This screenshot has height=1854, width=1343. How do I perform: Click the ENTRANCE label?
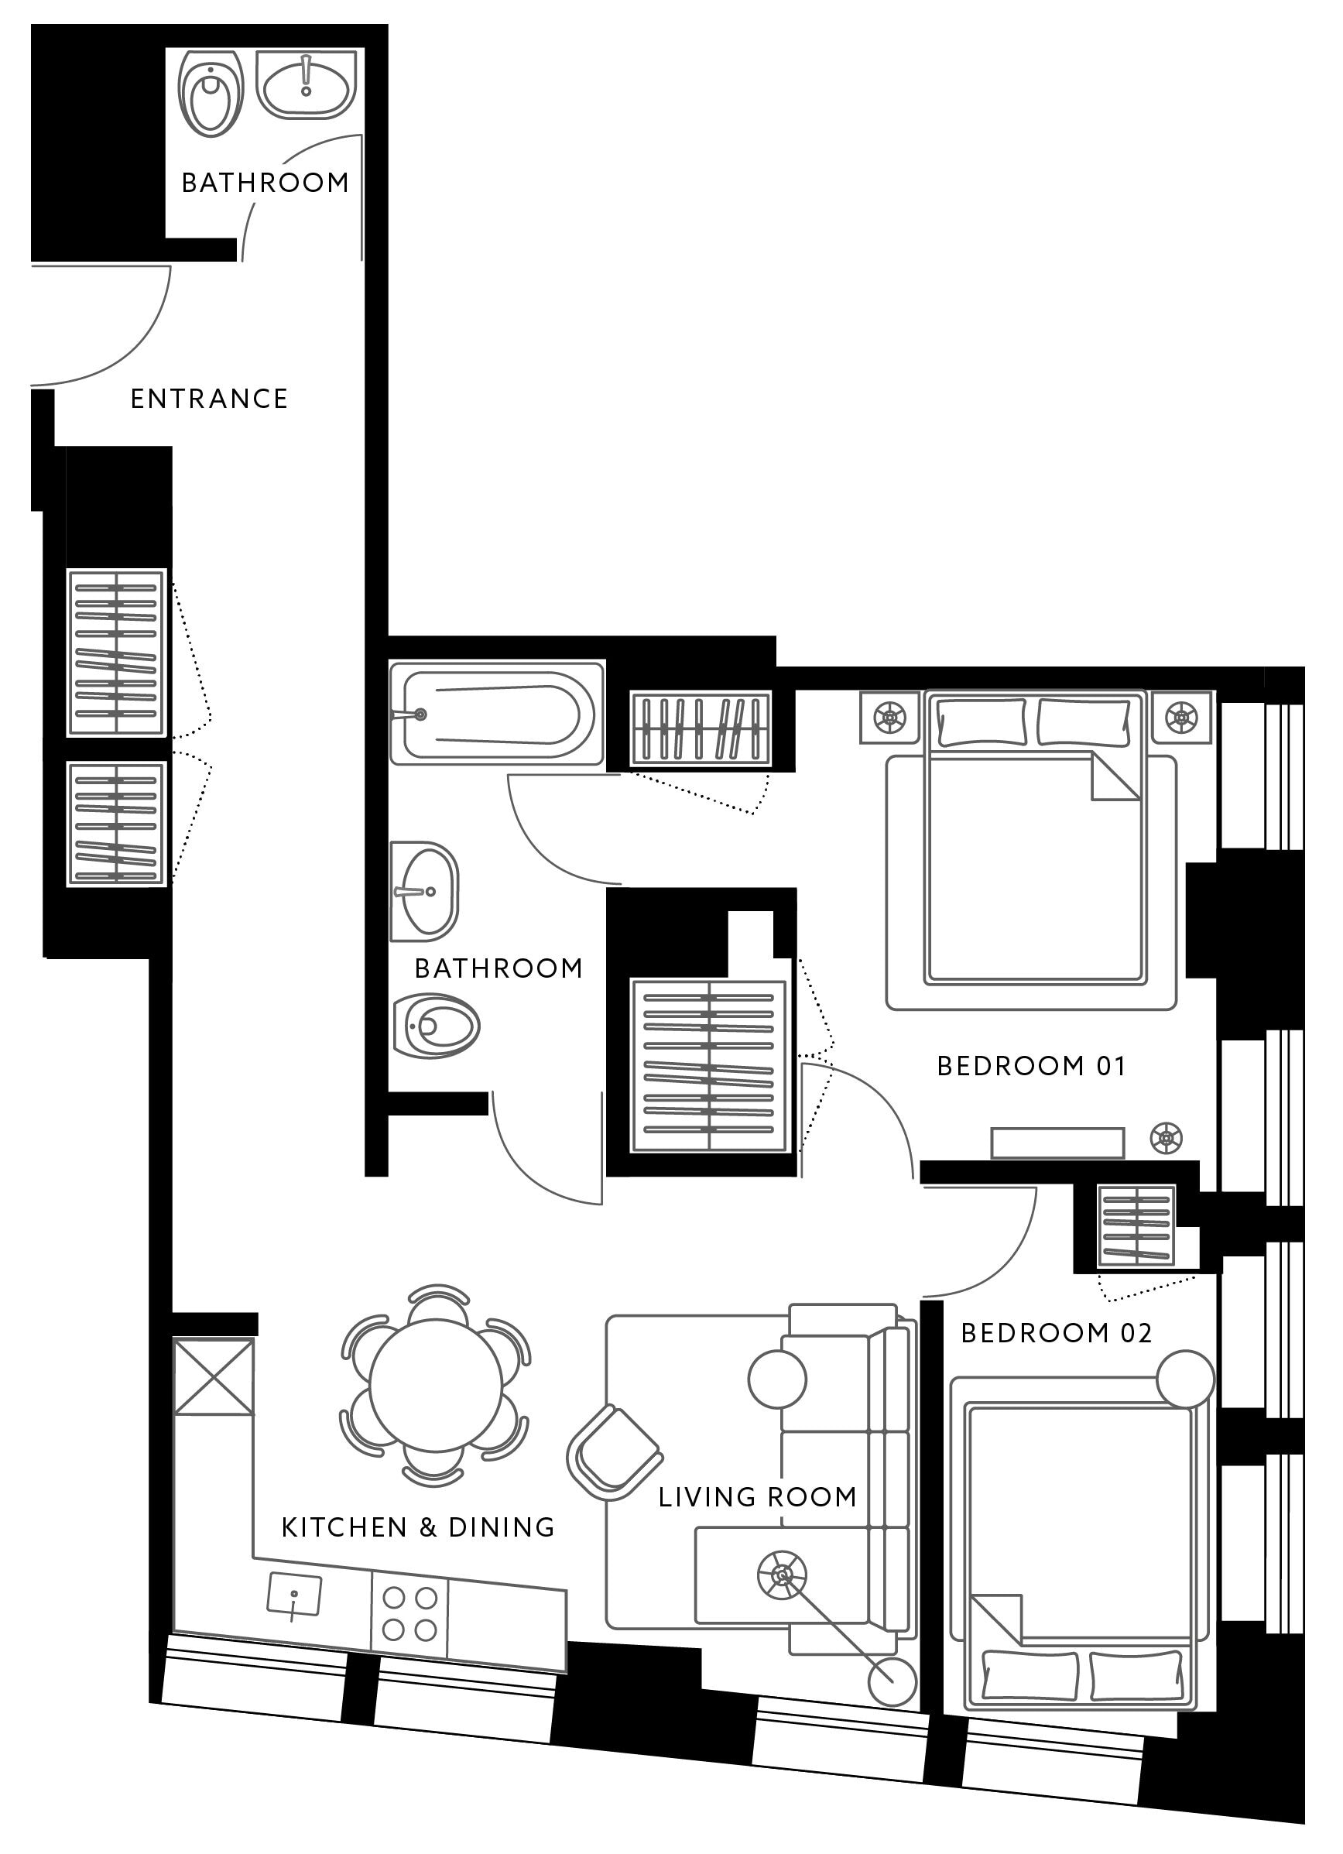(x=209, y=399)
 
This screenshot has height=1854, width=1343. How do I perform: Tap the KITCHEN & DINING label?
(x=418, y=1527)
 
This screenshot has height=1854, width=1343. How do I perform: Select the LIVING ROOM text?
(x=758, y=1497)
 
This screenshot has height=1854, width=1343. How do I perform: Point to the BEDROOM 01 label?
(x=1032, y=1066)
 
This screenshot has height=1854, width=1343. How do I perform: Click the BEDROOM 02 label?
(x=1056, y=1333)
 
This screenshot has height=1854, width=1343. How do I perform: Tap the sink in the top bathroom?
(x=307, y=84)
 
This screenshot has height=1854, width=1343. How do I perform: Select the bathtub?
(x=497, y=714)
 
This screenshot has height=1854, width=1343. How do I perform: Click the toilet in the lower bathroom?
(x=436, y=1026)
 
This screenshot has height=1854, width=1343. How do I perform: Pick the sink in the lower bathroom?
(x=423, y=892)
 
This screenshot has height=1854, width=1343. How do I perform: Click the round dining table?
(x=437, y=1386)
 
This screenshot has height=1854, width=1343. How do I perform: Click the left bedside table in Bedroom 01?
(x=890, y=718)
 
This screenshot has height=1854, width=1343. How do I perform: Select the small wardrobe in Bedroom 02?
(x=1137, y=1225)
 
